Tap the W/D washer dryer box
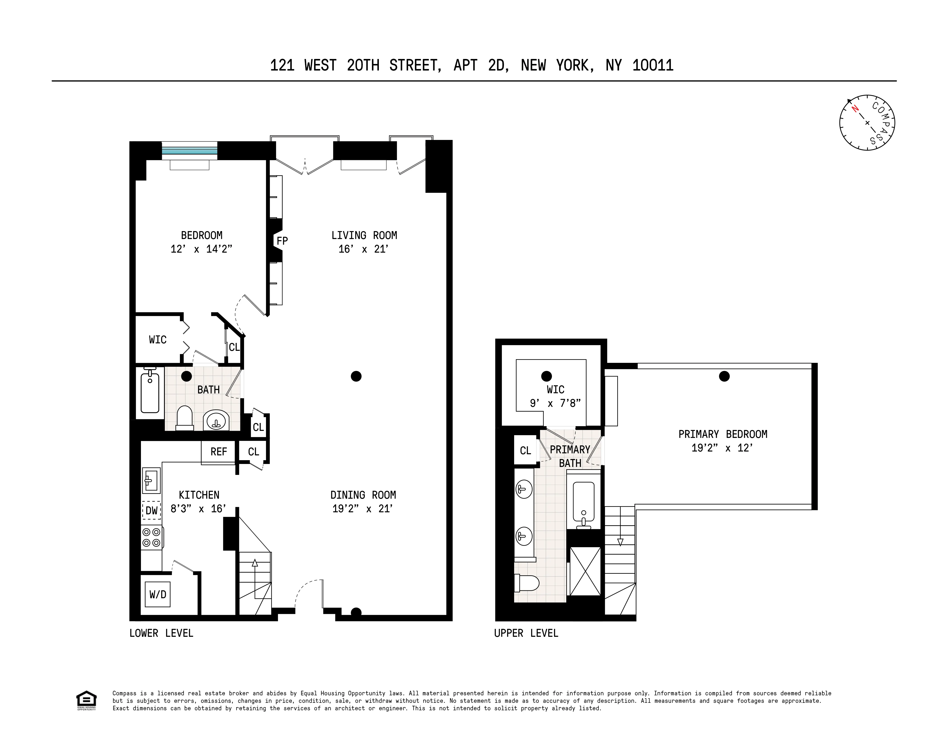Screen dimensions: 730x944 click(158, 594)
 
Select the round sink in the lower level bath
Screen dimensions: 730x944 click(216, 420)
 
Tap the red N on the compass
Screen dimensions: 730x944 click(854, 109)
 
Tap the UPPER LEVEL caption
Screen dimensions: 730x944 click(526, 633)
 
